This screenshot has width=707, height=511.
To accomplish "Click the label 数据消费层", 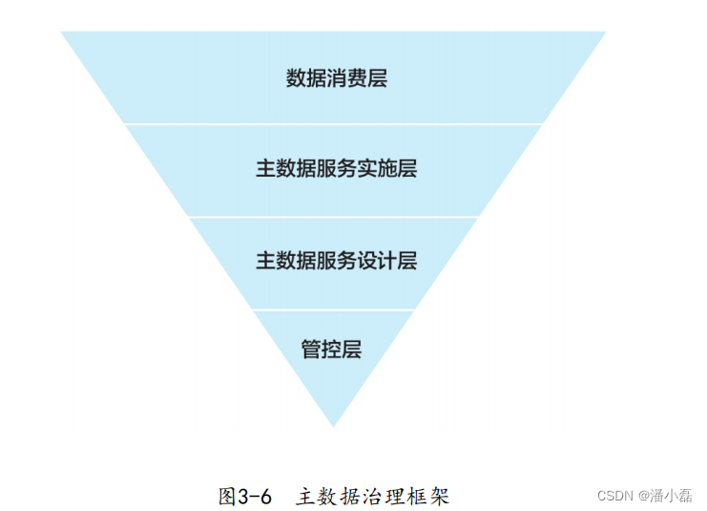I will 336,78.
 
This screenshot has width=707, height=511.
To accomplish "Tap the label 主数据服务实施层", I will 336,169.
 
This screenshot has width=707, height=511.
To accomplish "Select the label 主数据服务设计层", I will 336,261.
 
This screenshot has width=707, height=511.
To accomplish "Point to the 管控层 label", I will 331,349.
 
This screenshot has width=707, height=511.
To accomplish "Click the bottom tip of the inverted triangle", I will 333,425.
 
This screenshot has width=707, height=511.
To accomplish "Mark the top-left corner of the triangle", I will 63,32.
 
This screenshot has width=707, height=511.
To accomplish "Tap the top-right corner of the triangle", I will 604,32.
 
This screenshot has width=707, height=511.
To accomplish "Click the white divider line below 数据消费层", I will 333,123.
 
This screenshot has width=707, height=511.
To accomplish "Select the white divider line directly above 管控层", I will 333,309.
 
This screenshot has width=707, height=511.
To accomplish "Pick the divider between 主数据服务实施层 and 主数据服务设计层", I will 333,217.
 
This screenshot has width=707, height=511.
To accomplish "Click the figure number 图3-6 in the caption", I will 245,496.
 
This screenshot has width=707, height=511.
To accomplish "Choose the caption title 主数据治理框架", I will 372,496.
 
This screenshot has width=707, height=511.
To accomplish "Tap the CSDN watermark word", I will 615,495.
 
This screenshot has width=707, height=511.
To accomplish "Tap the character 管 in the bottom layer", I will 311,349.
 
